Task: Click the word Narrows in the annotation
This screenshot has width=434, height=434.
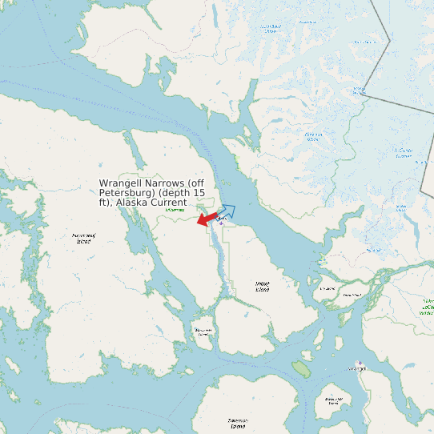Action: coord(167,183)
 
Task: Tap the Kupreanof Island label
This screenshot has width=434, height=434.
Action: coord(84,238)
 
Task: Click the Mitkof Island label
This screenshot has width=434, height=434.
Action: coord(262,285)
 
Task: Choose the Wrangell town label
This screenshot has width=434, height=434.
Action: coord(356,369)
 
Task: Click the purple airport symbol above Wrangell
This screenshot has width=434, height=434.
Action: coord(360,362)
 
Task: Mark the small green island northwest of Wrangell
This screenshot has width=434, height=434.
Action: coord(301,368)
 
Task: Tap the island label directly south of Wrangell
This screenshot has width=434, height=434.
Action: coord(334,400)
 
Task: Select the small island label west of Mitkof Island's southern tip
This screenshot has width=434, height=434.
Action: coord(202,332)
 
